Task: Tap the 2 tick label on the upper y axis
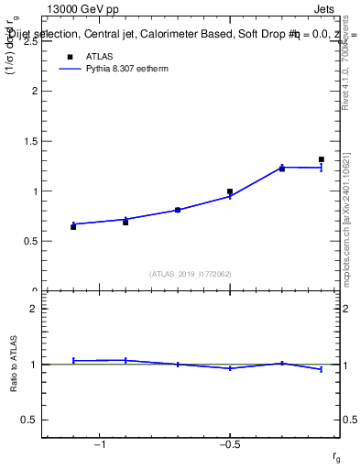click(35, 92)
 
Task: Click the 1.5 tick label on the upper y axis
click(30, 142)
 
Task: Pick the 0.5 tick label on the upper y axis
click(30, 242)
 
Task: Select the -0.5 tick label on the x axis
click(228, 444)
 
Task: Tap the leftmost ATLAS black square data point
click(73, 226)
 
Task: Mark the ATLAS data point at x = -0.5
click(230, 191)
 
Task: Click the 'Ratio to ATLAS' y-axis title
click(14, 365)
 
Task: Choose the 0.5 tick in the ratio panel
click(30, 420)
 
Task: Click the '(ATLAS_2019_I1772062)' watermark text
click(191, 273)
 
